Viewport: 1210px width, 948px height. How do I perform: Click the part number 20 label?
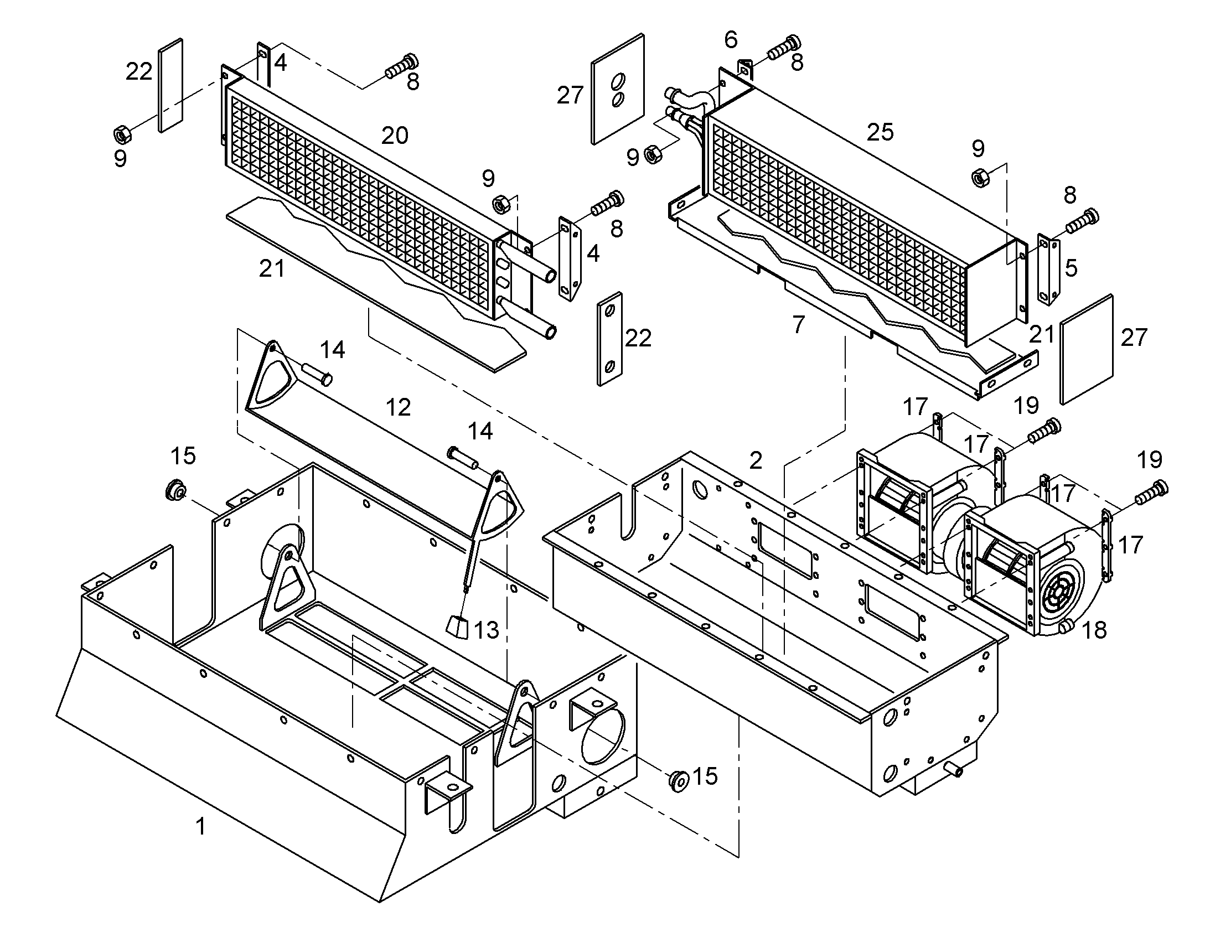(395, 136)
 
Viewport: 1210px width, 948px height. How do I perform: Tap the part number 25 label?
(880, 132)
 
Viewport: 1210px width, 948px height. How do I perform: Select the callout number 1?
(201, 826)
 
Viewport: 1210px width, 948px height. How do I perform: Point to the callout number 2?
(756, 460)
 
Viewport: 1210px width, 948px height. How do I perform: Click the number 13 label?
(487, 630)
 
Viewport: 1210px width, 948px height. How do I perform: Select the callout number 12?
(398, 407)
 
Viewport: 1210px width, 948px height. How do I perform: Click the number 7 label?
(798, 325)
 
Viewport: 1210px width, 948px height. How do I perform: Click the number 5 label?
(1071, 267)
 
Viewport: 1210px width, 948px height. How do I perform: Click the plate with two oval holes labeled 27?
(617, 89)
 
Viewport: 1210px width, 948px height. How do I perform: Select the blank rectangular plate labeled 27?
(1087, 349)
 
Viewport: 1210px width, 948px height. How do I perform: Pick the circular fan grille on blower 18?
(1054, 600)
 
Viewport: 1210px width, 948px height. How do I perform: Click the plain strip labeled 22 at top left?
(171, 85)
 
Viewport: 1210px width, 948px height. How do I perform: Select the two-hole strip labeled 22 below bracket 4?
(609, 339)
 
